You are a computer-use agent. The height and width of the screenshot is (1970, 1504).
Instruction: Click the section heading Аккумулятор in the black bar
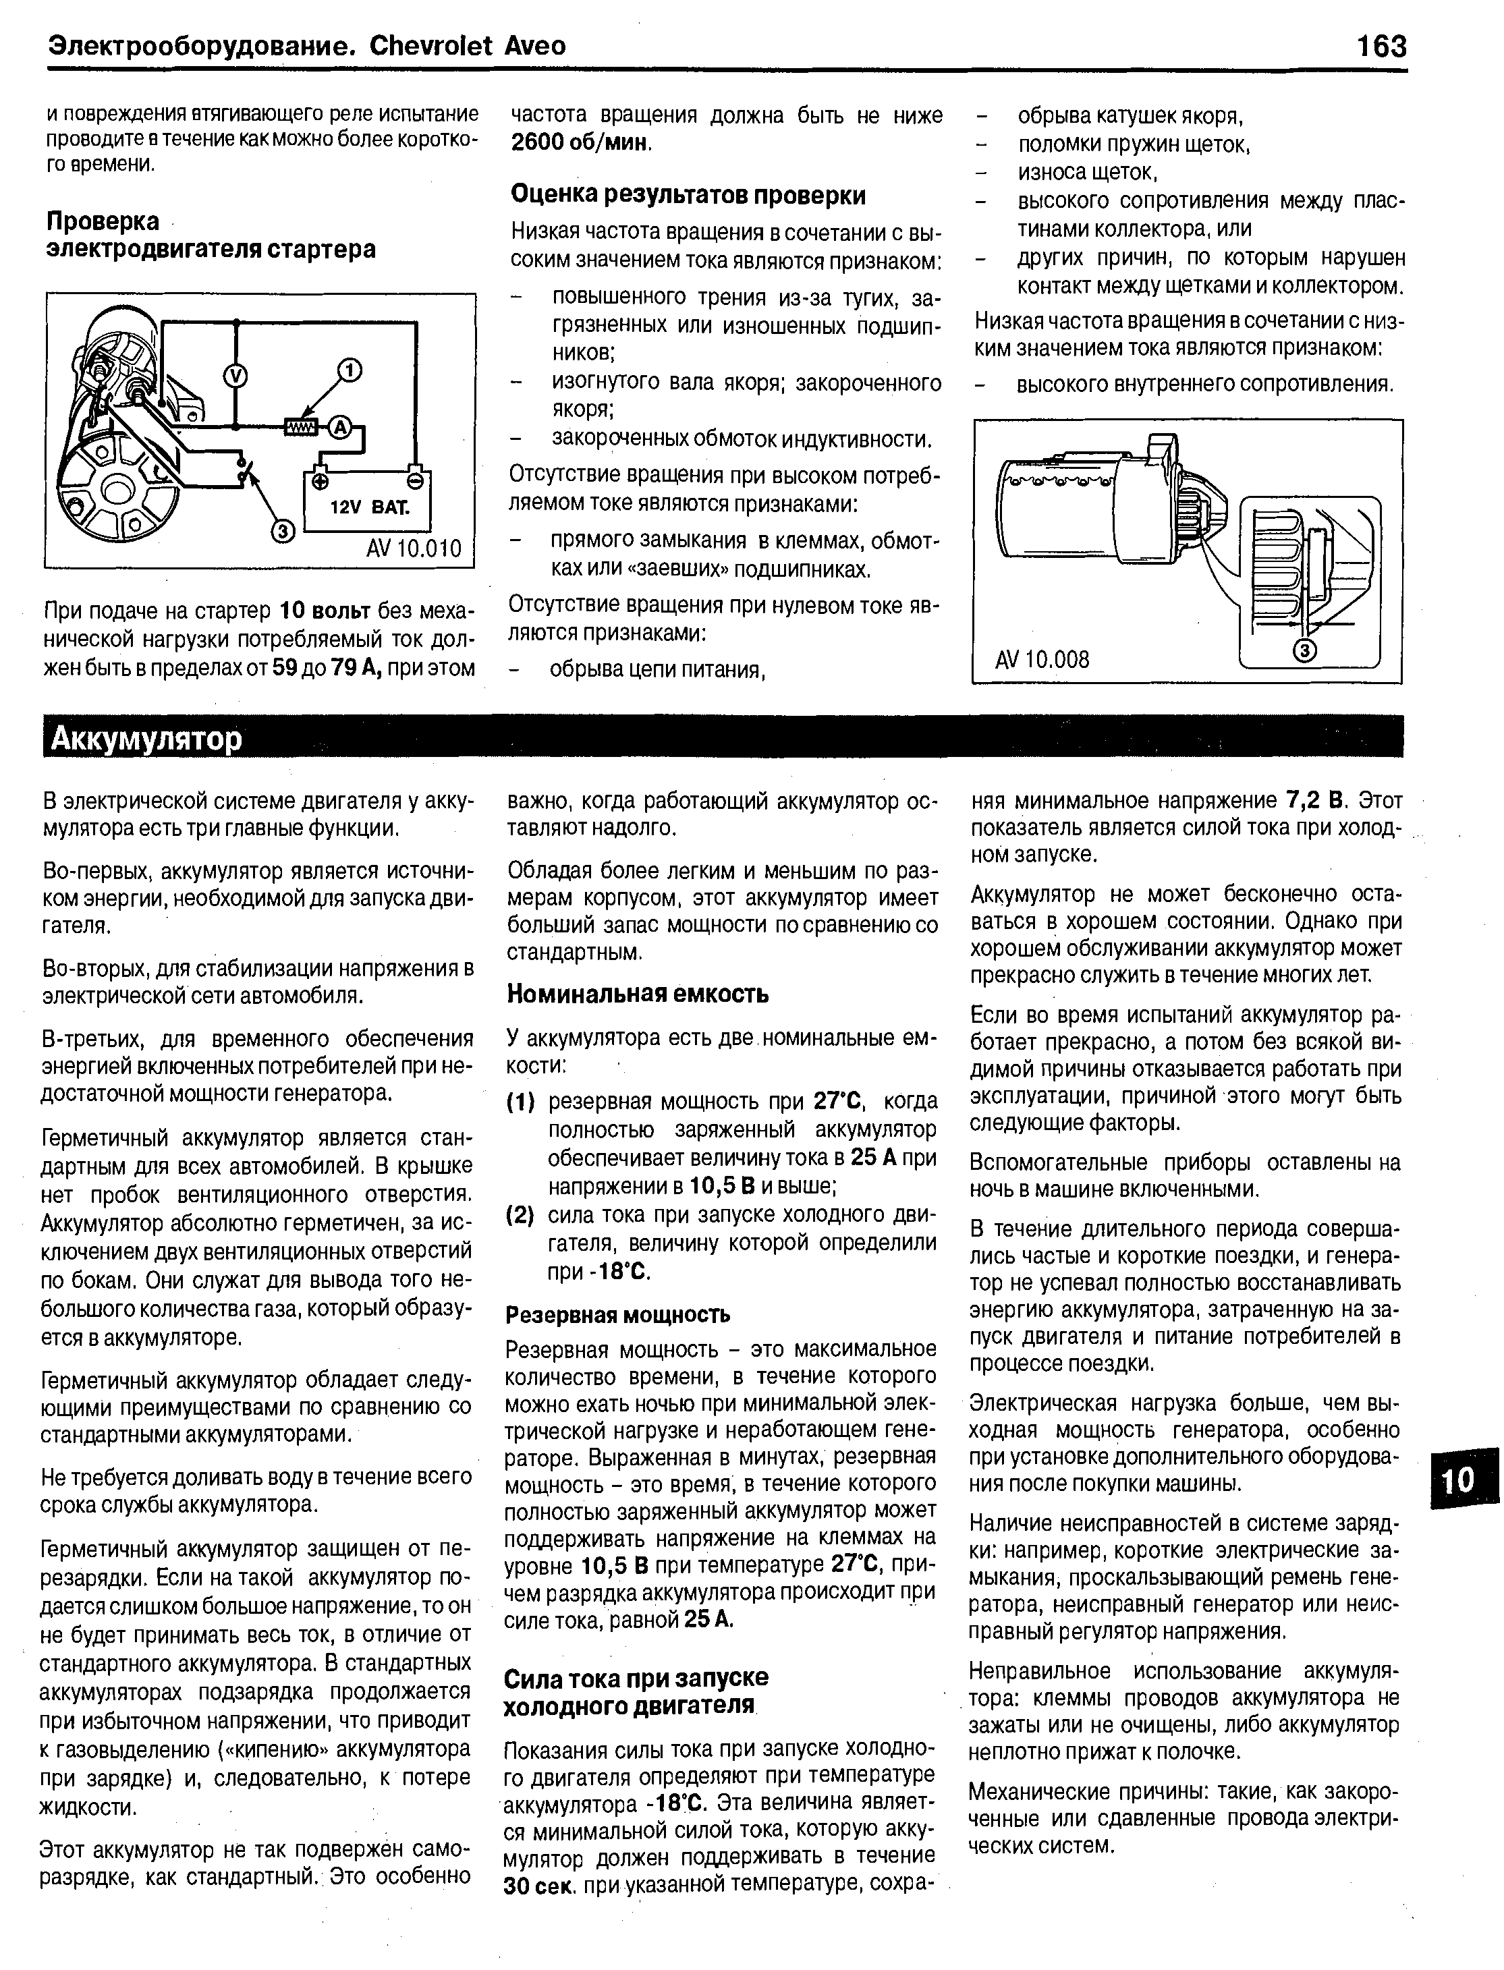click(x=146, y=739)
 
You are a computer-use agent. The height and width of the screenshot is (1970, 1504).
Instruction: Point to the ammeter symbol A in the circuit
click(x=339, y=428)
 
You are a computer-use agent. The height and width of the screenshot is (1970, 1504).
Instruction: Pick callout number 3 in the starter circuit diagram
click(x=282, y=532)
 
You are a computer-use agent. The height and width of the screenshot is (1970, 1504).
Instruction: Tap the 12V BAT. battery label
click(x=369, y=509)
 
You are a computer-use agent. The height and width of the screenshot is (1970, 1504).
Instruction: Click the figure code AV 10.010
click(x=413, y=547)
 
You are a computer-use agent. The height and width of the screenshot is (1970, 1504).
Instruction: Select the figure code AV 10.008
click(x=1042, y=660)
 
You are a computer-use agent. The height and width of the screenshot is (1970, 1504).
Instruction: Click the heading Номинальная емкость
click(x=638, y=994)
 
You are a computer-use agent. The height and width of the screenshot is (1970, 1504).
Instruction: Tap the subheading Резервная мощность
click(x=617, y=1314)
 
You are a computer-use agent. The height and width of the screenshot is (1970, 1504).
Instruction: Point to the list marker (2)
click(x=520, y=1216)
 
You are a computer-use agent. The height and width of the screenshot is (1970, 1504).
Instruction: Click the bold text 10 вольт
click(x=325, y=611)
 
